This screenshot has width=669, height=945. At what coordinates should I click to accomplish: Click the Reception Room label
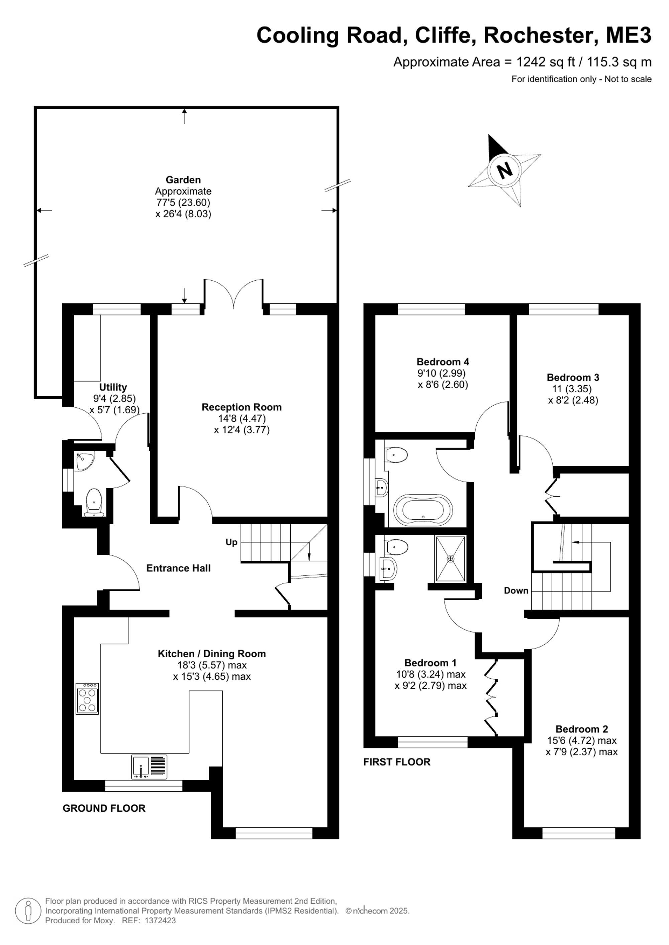[x=242, y=407]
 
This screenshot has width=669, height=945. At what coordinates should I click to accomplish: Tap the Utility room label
[x=113, y=387]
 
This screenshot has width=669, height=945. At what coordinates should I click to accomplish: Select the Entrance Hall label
[x=178, y=568]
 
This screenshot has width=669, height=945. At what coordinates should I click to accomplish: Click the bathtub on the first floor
[x=423, y=510]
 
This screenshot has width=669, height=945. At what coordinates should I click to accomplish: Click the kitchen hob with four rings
[x=87, y=698]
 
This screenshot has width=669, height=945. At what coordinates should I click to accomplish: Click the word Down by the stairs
[x=516, y=591]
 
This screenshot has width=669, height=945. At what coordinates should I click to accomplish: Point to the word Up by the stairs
[x=231, y=542]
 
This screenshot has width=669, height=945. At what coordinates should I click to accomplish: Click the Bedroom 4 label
[x=443, y=362]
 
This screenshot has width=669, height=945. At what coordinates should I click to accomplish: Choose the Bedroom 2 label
[x=582, y=729]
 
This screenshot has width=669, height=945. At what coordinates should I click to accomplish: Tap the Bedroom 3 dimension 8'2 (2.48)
[x=573, y=400]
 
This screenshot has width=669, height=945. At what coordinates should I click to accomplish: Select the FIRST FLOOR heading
[x=397, y=762]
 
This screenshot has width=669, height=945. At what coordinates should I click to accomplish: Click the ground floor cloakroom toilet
[x=94, y=502]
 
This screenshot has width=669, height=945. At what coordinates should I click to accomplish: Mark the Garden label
[x=183, y=180]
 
